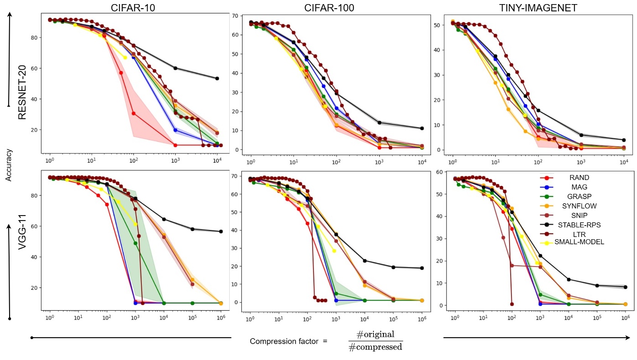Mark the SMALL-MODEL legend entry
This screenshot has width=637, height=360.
tap(579, 242)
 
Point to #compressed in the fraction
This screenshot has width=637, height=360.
tap(375, 347)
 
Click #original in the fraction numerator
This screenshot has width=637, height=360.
tap(375, 335)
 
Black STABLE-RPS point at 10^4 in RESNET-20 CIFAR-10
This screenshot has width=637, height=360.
tap(217, 78)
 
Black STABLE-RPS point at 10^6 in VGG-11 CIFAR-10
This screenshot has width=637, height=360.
tap(221, 231)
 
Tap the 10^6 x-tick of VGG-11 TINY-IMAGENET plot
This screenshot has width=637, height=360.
tap(625, 316)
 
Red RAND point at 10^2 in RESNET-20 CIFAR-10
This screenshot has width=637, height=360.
tap(134, 113)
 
